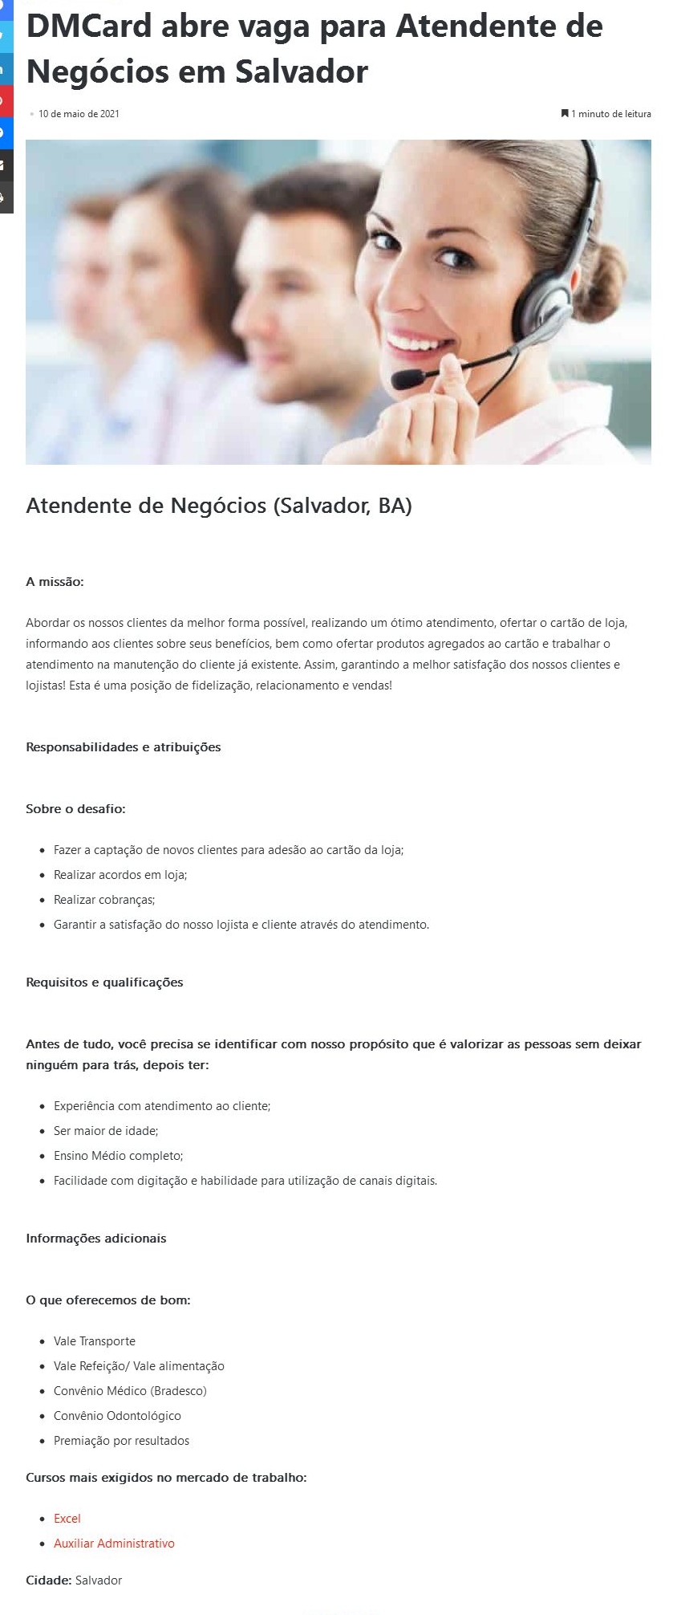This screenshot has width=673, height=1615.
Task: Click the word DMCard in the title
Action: (88, 26)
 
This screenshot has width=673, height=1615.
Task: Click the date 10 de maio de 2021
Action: (79, 114)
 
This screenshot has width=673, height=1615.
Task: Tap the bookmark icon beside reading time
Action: (565, 113)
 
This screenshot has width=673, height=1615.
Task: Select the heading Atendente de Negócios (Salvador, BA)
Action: (218, 506)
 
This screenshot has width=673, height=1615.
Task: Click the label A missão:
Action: (55, 582)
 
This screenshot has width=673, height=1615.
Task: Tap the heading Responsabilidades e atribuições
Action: (123, 747)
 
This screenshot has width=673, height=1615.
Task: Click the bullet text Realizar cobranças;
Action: (104, 900)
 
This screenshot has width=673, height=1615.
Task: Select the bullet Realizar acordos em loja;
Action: (120, 875)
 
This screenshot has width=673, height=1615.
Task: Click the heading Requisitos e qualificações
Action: (104, 982)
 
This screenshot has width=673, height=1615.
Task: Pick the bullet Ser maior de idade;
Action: (106, 1131)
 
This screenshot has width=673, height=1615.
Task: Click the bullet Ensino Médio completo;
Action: (119, 1156)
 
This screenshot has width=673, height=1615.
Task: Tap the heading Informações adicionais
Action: (96, 1239)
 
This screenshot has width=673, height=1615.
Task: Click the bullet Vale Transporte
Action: (95, 1341)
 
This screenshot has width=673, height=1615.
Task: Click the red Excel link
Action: (67, 1519)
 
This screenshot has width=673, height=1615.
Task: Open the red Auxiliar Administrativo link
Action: (114, 1544)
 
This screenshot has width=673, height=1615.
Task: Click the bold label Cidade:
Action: (48, 1580)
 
